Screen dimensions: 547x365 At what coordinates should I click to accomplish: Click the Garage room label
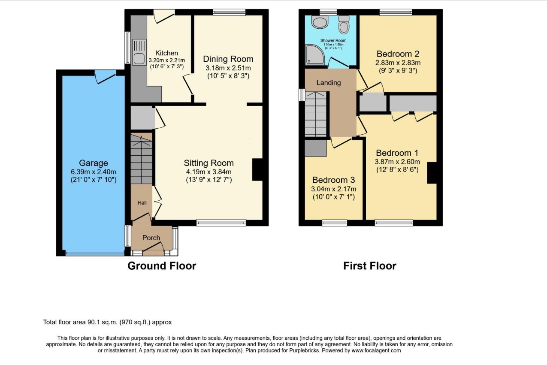[x=94, y=163]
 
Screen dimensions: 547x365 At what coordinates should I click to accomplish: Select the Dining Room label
[x=228, y=59]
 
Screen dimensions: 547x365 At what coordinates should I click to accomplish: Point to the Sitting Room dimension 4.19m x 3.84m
[x=209, y=172]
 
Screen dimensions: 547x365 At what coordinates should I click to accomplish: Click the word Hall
[x=142, y=202]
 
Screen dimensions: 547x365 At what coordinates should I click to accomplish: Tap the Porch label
[x=151, y=238]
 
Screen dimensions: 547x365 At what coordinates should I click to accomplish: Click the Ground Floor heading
[x=162, y=266]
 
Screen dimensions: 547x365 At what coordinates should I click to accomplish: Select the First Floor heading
[x=370, y=266]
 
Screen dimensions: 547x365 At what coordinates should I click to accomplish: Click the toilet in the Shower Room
[x=344, y=24]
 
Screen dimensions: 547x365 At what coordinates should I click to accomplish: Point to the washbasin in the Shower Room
[x=320, y=22]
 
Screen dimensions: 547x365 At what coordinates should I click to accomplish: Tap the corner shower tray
[x=315, y=55]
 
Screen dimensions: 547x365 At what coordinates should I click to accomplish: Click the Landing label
[x=329, y=83]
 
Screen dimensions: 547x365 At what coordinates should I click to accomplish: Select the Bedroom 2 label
[x=398, y=54]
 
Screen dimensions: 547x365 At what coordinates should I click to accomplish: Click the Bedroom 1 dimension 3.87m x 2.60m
[x=397, y=162]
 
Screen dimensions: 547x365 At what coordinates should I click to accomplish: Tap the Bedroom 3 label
[x=334, y=180]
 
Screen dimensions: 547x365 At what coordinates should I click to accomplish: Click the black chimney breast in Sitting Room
[x=257, y=170]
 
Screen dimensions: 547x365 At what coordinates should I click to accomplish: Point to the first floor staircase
[x=316, y=114]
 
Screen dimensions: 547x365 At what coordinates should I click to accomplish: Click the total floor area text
[x=107, y=322]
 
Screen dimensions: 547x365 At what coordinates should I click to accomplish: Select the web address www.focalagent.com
[x=376, y=350]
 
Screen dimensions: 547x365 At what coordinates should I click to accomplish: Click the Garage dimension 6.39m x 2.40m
[x=94, y=172]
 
